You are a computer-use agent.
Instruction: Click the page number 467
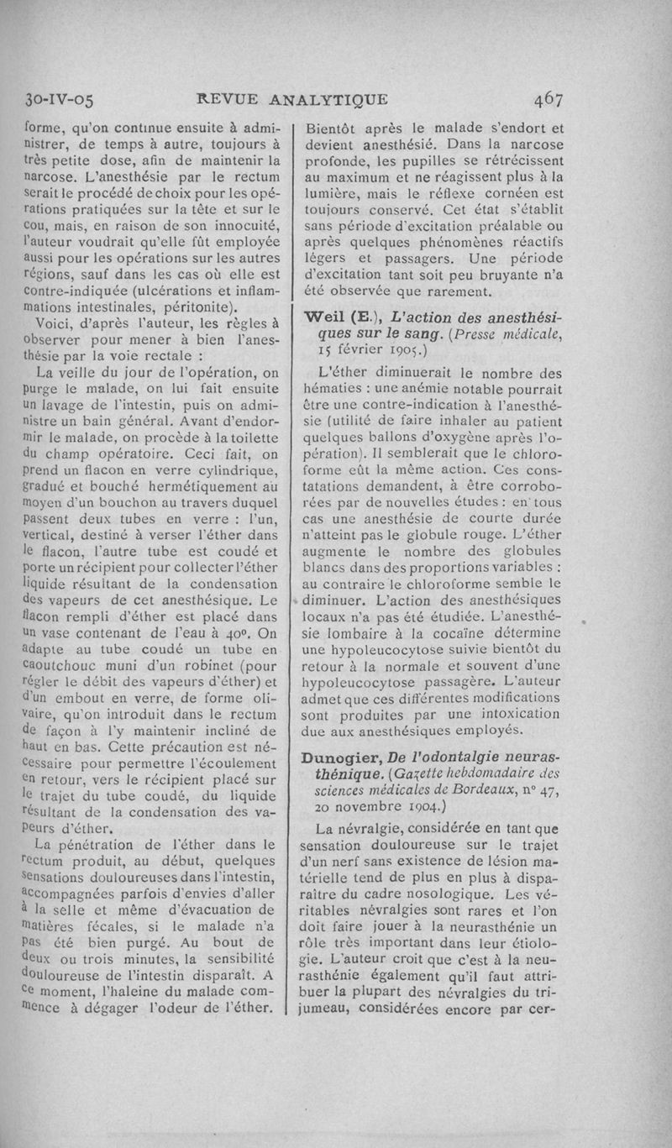(x=545, y=99)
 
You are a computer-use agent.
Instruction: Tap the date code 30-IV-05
(x=61, y=99)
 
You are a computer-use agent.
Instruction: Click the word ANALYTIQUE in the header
(x=328, y=99)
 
